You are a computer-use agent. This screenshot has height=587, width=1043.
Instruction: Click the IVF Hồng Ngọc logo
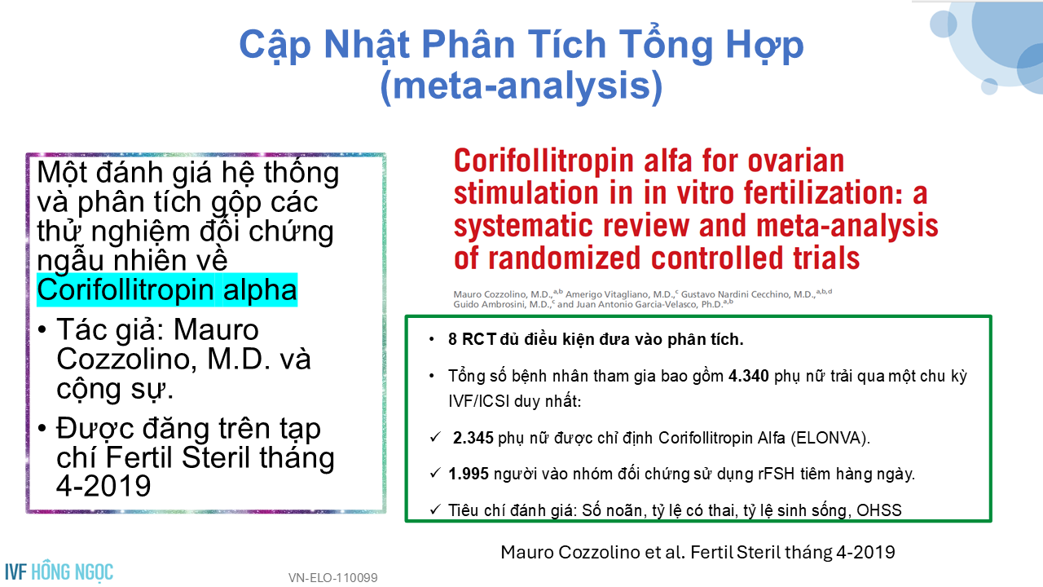[x=59, y=572]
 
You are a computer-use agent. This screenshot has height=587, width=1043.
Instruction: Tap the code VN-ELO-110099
[x=333, y=578]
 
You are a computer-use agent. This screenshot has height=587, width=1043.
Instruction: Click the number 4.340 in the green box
[x=748, y=376]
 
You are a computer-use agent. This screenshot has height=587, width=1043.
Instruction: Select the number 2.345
[x=473, y=438]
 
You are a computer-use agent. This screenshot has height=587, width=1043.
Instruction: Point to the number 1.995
[x=469, y=474]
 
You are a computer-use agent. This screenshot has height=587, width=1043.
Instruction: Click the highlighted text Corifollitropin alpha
[x=167, y=289]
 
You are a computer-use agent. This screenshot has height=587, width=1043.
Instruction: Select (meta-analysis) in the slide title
[x=521, y=86]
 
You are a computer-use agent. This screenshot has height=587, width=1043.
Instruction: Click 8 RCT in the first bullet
[x=472, y=339]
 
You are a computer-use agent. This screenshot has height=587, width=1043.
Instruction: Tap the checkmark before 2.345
[x=435, y=438]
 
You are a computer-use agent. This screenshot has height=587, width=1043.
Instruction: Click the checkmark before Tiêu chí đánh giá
[x=435, y=510]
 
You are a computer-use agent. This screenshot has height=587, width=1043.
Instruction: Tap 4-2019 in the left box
[x=103, y=486]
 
